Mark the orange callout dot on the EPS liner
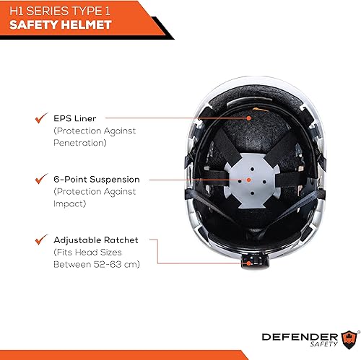(x=250, y=117)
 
